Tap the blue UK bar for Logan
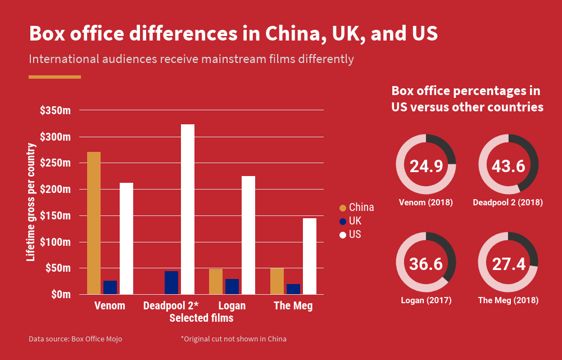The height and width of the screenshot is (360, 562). pos(232,286)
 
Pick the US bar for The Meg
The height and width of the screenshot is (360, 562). pos(310,256)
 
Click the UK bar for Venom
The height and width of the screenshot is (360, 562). pos(110,287)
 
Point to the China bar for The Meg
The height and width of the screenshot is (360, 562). pos(277,281)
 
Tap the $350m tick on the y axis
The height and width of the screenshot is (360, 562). pos(55,111)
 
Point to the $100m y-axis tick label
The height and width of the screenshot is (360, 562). pos(55,242)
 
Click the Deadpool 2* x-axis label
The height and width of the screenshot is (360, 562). pos(171,306)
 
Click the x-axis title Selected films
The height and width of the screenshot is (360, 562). pos(201,318)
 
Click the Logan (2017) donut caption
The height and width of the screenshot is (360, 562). pos(425,300)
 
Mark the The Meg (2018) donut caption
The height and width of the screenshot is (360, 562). pos(508,300)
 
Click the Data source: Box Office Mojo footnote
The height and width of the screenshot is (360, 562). pos(75,339)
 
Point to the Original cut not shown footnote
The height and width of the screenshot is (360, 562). pos(233,339)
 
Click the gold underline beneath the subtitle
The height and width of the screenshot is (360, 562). pos(55,77)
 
